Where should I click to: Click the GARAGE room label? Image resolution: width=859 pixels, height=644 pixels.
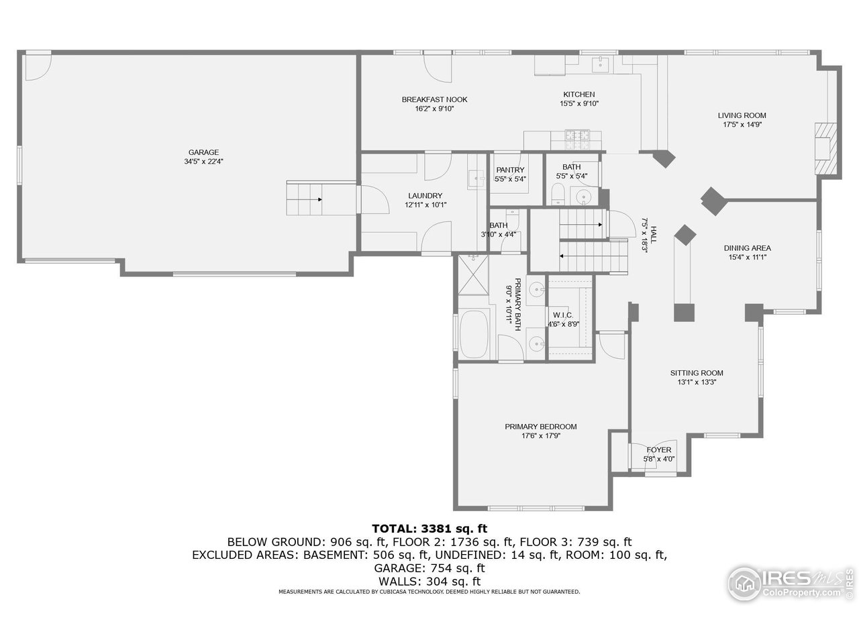203,152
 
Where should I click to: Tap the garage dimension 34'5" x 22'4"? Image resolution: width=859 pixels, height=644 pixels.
203,162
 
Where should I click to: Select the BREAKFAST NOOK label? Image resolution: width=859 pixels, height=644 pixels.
434,99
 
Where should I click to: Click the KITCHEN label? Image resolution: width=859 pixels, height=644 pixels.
578,95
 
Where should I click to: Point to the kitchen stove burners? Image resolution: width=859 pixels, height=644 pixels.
578,140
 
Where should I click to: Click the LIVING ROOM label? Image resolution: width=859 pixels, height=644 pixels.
742,115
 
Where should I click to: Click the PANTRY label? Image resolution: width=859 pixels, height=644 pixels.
510,170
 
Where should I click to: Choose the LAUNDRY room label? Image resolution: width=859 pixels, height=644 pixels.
425,196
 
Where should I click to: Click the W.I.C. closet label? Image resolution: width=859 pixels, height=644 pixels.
562,315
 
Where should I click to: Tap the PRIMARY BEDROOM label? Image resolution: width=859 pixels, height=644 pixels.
540,427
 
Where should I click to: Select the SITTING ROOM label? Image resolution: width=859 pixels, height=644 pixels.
697,373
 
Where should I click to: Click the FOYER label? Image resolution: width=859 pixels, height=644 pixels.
658,450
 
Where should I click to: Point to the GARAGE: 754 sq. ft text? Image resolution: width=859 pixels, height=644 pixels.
429,568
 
